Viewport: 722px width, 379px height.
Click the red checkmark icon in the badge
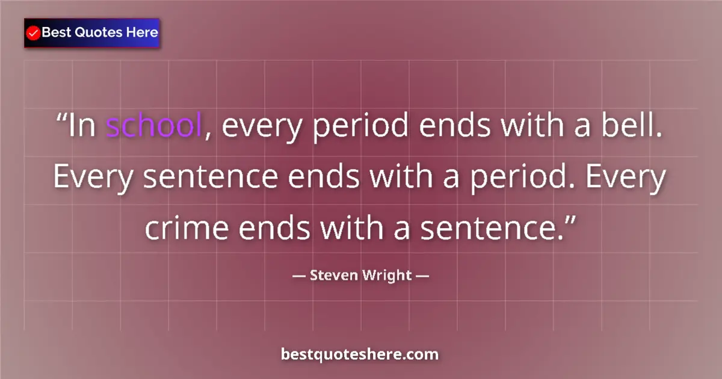[x=34, y=33]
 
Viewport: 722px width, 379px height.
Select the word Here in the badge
[x=141, y=32]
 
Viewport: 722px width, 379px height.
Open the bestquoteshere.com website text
[x=360, y=354]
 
